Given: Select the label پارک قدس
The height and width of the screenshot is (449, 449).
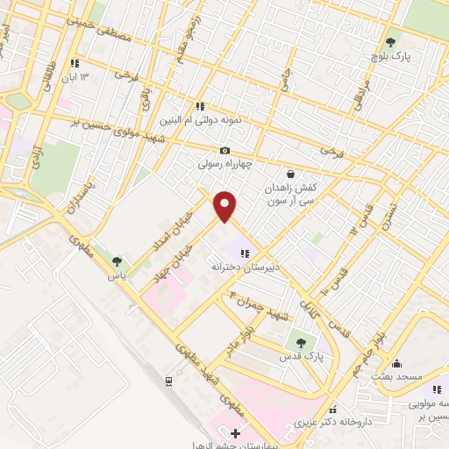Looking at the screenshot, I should [309, 358].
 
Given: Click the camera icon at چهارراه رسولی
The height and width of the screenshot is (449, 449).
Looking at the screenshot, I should [225, 150].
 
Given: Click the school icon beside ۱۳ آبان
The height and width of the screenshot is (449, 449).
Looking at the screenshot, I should [75, 63].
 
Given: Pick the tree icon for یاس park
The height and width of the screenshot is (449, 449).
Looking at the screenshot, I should [117, 261].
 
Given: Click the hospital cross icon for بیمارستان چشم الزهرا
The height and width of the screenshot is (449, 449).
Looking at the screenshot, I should [234, 432].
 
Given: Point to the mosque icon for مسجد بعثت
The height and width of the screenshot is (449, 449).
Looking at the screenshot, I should [396, 364].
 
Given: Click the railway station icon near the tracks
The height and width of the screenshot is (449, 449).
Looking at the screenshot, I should [168, 381].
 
